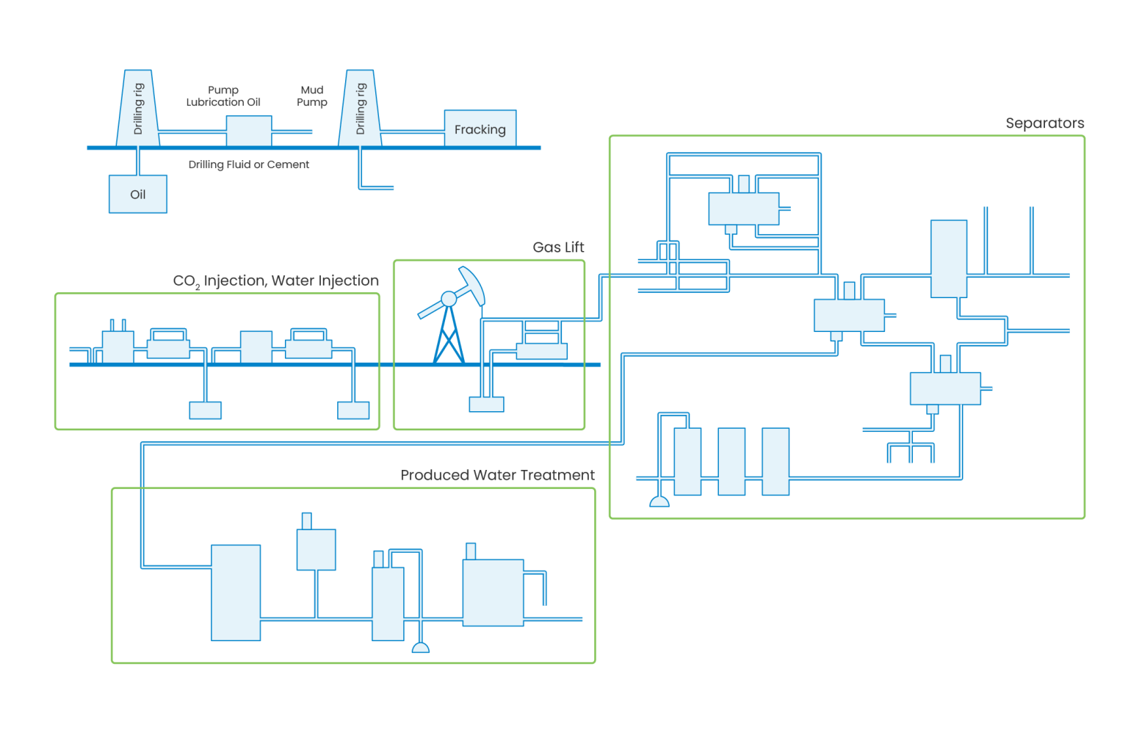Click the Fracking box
pos(480,129)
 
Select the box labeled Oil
pos(138,194)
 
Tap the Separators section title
pos(1044,123)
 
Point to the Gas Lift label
pos(558,247)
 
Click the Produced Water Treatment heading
pos(497,475)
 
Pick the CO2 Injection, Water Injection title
pos(275,281)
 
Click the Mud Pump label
pos(311,96)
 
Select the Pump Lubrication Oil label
pos(223,96)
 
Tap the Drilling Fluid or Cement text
pos(248,164)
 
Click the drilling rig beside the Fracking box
pos(360,108)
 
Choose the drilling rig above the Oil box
pos(138,108)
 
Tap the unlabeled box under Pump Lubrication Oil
pos(249,131)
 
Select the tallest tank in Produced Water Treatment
pos(236,593)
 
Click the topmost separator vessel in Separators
pos(743,209)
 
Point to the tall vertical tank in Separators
pos(948,258)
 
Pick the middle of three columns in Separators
pos(731,462)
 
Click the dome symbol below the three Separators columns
pos(659,502)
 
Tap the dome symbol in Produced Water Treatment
pos(421,648)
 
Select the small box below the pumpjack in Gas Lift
pos(487,404)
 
